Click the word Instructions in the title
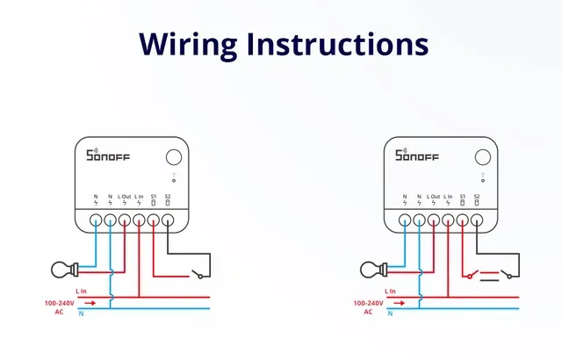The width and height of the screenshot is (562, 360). pyautogui.click(x=346, y=43)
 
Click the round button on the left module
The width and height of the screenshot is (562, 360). pyautogui.click(x=173, y=157)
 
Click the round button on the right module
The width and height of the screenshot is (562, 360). pyautogui.click(x=482, y=157)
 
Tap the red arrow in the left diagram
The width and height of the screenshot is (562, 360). pyautogui.click(x=91, y=302)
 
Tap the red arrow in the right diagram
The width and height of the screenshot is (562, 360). pyautogui.click(x=400, y=302)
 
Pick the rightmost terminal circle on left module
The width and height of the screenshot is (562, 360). pyautogui.click(x=168, y=220)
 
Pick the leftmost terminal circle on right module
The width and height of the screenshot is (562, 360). pyautogui.click(x=405, y=220)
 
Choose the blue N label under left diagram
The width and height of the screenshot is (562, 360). pyautogui.click(x=81, y=313)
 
